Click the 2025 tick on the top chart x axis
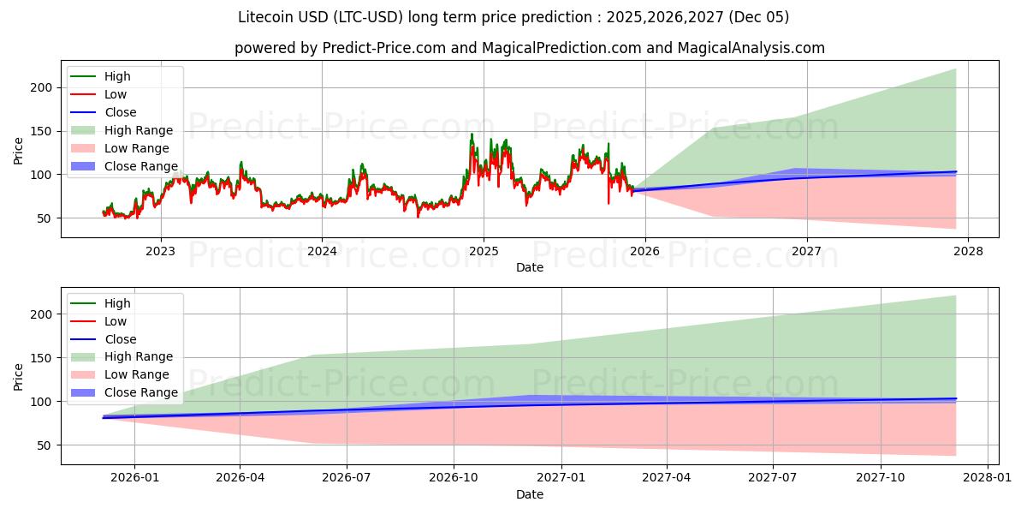484,251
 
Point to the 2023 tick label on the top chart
160,251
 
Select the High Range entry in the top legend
140,130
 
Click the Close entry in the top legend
120,112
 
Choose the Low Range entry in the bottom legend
138,374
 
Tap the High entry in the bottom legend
117,303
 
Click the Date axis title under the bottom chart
530,495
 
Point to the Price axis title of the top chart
19,150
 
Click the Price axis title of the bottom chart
19,377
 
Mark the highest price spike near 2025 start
471,134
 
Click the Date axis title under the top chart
530,268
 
